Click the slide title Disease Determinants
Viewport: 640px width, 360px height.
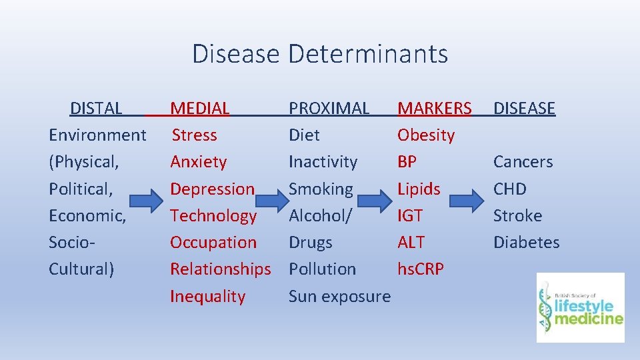[x=320, y=53]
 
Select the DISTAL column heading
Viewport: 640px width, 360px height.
[x=96, y=108]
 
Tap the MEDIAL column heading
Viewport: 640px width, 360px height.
[x=200, y=108]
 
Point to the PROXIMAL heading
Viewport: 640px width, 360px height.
[x=329, y=108]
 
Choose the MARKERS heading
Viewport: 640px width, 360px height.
[x=434, y=108]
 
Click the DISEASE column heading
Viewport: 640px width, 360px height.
[x=524, y=108]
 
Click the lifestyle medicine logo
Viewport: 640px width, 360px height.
[x=581, y=307]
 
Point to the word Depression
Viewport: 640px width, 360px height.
[x=212, y=189]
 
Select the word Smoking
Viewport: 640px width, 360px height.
[x=321, y=189]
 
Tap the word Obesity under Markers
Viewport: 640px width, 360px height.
[x=426, y=135]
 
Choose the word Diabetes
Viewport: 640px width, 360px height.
[x=526, y=243]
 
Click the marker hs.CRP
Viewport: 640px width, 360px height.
[x=421, y=269]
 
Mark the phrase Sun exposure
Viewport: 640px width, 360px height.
[x=339, y=296]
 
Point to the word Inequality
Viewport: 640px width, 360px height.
[x=207, y=296]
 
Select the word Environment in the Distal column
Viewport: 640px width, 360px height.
[x=97, y=135]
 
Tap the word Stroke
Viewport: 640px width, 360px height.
[x=517, y=216]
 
